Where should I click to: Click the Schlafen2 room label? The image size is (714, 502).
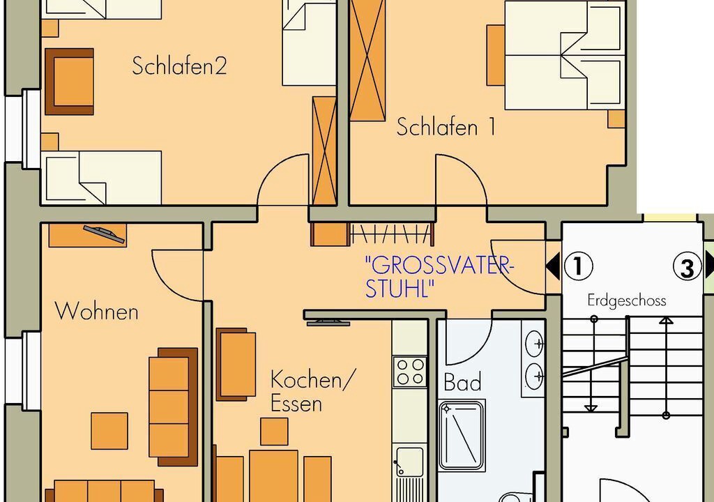pos(179,66)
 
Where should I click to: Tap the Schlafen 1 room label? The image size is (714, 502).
pos(446,126)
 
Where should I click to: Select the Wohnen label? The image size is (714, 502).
pos(96,311)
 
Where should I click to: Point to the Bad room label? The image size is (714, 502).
pos(463,382)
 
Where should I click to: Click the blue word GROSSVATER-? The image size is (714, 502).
pos(439,265)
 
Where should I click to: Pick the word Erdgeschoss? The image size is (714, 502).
pos(627,301)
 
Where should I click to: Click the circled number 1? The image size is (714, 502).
pos(578,266)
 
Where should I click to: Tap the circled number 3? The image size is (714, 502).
pos(687,268)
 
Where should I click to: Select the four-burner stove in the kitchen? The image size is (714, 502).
pos(410,372)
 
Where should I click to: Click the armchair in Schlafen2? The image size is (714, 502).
pos(69,82)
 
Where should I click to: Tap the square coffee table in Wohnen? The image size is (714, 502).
pos(109,431)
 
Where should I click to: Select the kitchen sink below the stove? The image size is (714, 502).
pos(409,473)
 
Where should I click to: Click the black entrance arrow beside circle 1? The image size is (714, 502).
pos(553,266)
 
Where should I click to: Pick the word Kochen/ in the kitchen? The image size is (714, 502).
pos(312,380)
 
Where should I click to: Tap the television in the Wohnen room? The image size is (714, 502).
pos(105,234)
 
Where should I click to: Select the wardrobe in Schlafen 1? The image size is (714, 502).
pos(367,60)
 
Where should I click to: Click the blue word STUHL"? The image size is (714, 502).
pos(400,289)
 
